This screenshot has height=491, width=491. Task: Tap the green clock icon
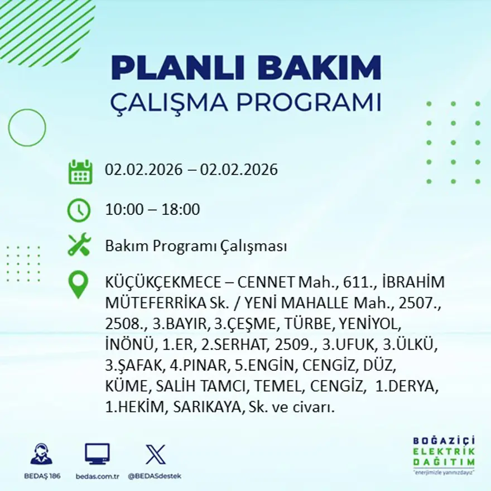(79, 210)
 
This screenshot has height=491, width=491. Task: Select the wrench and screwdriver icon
(79, 245)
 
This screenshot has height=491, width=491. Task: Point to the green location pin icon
(78, 283)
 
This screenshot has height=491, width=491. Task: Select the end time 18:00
(180, 210)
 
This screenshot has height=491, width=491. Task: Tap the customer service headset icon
(41, 454)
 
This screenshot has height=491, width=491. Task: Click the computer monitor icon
(97, 454)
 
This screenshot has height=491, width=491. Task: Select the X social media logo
(155, 454)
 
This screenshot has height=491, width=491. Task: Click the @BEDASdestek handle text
(155, 476)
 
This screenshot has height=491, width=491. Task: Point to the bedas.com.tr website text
(97, 476)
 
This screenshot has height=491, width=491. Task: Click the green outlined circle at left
(27, 128)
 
